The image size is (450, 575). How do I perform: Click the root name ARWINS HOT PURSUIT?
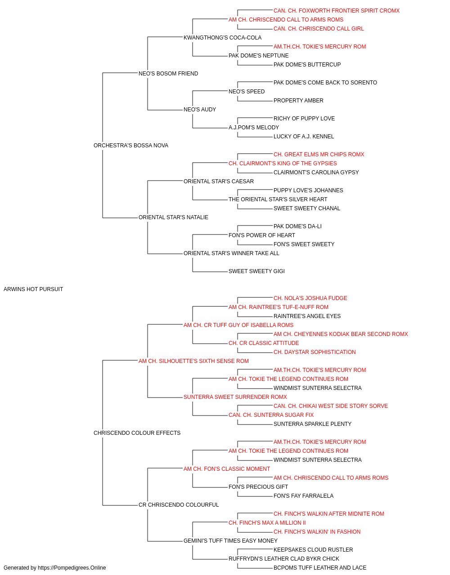[x=33, y=289]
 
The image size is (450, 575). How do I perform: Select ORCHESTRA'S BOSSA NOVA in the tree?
[x=131, y=146]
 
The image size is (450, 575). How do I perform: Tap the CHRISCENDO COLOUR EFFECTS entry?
[x=137, y=433]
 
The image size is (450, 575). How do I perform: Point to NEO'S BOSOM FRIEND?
[x=168, y=74]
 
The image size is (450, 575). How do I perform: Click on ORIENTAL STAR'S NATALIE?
[x=173, y=217]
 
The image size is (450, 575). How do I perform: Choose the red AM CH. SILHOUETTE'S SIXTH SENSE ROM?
[x=194, y=361]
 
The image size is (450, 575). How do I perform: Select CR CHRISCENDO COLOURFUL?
[x=179, y=505]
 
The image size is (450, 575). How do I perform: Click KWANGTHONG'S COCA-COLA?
[x=223, y=38]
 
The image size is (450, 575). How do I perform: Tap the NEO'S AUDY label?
[x=200, y=110]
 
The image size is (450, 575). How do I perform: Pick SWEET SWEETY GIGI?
[x=256, y=271]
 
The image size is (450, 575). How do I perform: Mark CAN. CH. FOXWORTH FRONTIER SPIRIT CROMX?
[x=337, y=11]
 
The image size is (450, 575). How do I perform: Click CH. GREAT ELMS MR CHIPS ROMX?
[x=319, y=155]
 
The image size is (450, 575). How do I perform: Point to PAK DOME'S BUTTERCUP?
[x=307, y=65]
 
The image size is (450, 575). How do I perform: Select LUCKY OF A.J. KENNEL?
[x=304, y=137]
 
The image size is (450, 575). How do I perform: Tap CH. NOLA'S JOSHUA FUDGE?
[x=310, y=298]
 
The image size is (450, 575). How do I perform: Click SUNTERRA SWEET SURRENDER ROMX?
[x=235, y=397]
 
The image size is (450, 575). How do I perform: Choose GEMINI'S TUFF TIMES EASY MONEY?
[x=230, y=541]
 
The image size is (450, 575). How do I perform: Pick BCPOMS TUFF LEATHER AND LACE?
[x=320, y=568]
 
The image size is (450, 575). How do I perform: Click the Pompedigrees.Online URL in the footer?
[x=72, y=568]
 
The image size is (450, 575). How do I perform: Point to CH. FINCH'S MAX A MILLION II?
[x=267, y=523]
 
